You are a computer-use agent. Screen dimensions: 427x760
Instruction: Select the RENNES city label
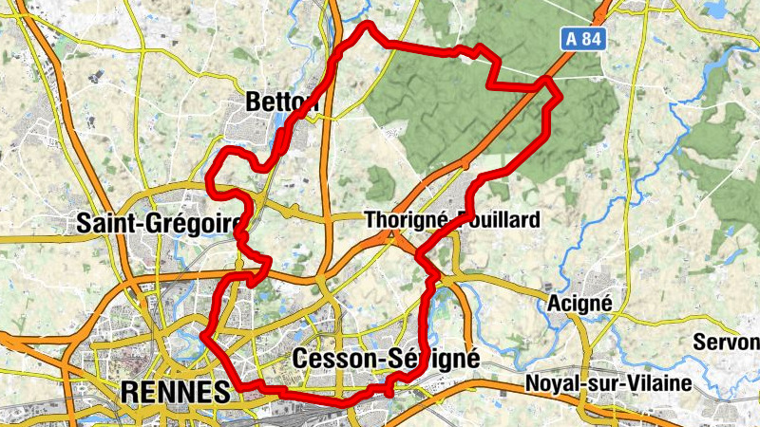[x=176, y=391]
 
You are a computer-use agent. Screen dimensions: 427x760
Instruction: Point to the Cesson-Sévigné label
[x=387, y=360]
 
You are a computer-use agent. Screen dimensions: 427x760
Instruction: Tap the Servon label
[x=728, y=342]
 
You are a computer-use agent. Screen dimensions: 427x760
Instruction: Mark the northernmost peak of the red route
[x=367, y=24]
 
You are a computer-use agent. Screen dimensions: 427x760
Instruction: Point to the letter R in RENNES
[x=130, y=391]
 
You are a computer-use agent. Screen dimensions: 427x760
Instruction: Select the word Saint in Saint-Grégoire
[x=106, y=224]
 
